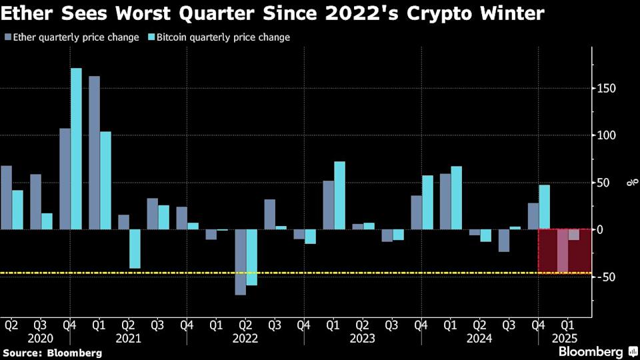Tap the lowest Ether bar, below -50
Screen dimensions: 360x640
point(240,261)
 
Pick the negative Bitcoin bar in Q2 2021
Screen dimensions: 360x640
point(135,249)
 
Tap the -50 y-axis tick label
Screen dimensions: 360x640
point(605,277)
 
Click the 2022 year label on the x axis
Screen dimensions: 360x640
point(245,338)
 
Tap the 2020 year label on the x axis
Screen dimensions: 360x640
point(41,338)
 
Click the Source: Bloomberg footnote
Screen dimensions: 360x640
point(53,352)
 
